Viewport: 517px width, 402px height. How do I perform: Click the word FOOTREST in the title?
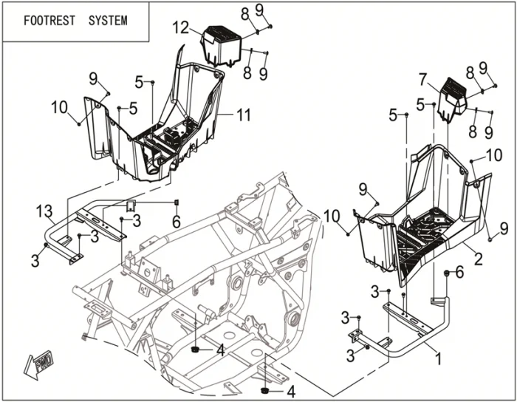tap(49, 20)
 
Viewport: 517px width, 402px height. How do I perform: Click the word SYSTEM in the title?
tap(107, 20)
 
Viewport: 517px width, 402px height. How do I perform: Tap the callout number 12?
tap(181, 28)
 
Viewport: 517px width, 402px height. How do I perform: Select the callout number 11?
tap(244, 115)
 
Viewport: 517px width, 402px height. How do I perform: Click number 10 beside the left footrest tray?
tap(61, 108)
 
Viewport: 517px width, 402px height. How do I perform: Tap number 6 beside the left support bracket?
tap(176, 221)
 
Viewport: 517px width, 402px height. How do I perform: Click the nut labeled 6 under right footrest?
tap(447, 274)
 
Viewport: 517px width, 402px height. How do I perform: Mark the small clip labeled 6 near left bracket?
tap(177, 202)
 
